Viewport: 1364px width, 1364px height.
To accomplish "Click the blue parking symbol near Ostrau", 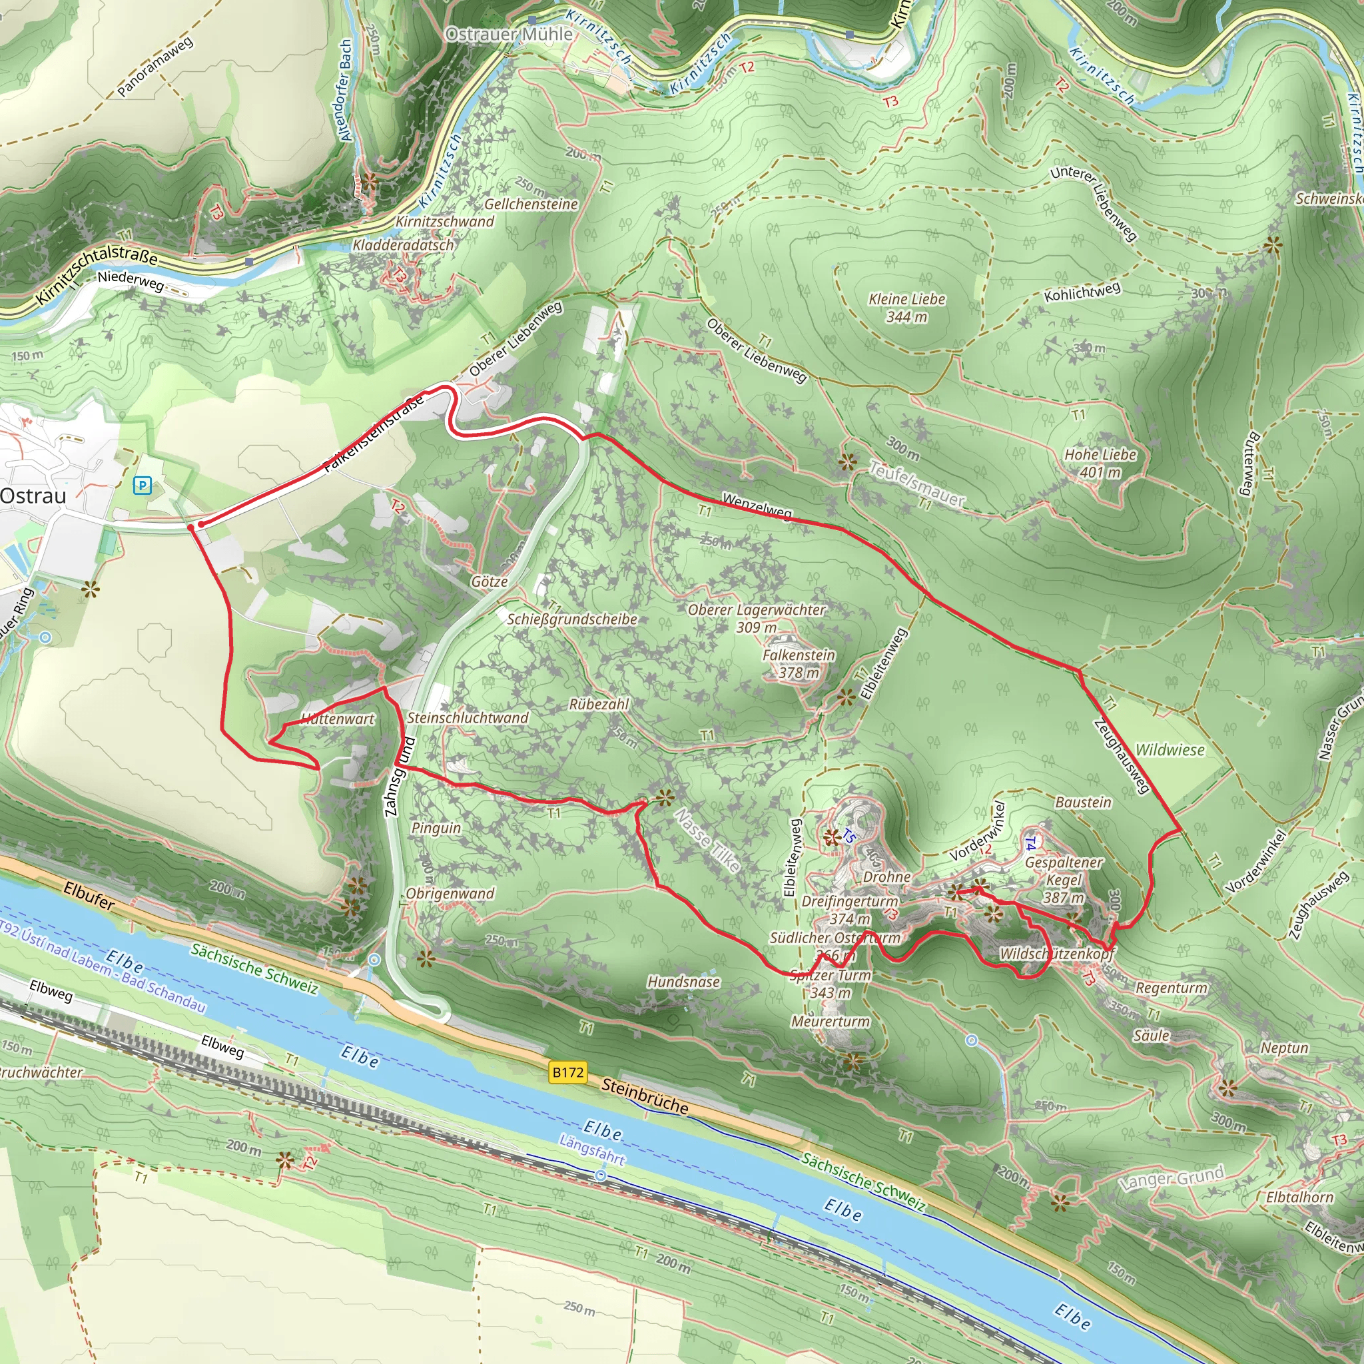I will click(143, 485).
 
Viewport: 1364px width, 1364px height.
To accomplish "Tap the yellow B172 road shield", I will click(567, 1072).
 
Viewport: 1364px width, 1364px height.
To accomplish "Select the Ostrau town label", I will click(33, 496).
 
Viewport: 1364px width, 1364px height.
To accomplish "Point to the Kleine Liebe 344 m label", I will click(906, 308).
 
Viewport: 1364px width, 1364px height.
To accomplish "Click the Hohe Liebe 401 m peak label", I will click(1100, 463).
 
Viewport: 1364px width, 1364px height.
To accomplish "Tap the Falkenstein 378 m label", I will click(799, 663).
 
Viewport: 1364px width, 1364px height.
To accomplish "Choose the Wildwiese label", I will click(1169, 750).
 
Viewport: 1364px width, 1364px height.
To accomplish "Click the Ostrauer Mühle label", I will click(509, 34).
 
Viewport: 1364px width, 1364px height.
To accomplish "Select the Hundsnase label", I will click(683, 981).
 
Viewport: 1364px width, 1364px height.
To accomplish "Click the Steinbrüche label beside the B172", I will click(645, 1096).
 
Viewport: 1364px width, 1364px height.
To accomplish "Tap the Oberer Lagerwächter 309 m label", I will click(756, 618).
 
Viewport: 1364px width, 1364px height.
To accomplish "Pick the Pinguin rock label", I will click(436, 827).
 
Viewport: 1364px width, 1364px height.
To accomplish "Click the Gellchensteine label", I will click(531, 204).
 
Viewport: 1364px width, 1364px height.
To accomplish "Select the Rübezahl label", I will click(599, 704).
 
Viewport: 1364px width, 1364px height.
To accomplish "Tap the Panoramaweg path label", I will click(155, 67).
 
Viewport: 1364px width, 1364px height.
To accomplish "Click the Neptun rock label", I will click(1284, 1048).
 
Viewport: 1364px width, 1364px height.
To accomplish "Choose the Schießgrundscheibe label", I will click(572, 619).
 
